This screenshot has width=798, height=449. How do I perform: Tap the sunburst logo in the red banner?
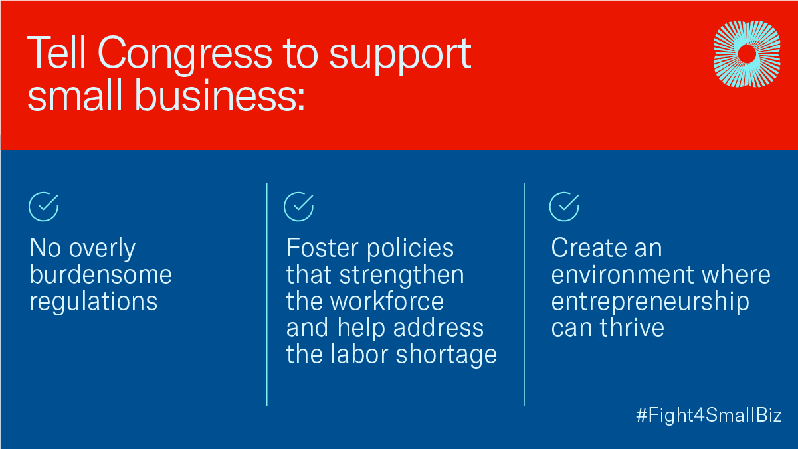pos(747,54)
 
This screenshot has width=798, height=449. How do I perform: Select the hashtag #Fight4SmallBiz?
pos(709,415)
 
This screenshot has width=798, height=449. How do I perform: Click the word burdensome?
pos(101,274)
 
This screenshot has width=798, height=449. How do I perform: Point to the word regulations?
pos(93,302)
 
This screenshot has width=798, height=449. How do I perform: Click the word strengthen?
pos(402,275)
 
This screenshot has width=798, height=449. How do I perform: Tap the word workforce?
pos(387,302)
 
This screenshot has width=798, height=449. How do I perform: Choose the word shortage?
pos(447,355)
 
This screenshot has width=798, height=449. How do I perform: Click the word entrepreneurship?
pos(650,302)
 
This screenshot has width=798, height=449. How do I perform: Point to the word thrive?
pos(632,327)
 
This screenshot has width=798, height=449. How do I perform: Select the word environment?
pos(623,275)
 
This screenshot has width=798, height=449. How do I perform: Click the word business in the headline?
pos(219,96)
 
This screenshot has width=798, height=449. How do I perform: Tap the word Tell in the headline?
pos(56,52)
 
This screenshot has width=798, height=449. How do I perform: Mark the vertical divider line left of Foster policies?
pos(267,294)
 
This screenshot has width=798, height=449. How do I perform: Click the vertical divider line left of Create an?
pos(524,294)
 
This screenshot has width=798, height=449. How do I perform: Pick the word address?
pos(439,327)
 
